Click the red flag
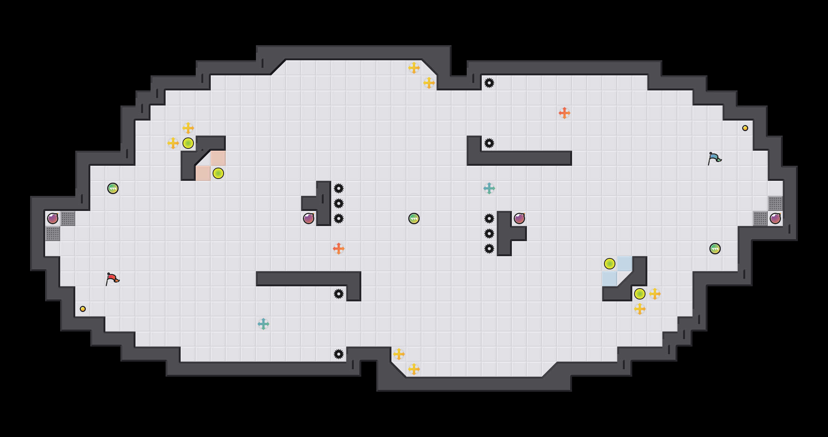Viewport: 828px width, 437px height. pyautogui.click(x=112, y=279)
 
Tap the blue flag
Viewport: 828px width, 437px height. pyautogui.click(x=714, y=158)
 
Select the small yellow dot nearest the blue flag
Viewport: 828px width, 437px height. pyautogui.click(x=745, y=128)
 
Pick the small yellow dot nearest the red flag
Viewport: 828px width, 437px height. pyautogui.click(x=83, y=309)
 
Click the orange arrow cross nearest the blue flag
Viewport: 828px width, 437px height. pyautogui.click(x=565, y=113)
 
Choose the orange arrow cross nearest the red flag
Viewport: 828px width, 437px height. pyautogui.click(x=339, y=249)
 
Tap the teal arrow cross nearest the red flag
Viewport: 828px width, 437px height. pyautogui.click(x=263, y=324)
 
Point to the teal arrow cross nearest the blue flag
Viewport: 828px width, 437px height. pyautogui.click(x=489, y=188)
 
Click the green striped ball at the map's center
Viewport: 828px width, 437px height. pyautogui.click(x=414, y=218)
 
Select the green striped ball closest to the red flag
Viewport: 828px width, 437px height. pyautogui.click(x=113, y=188)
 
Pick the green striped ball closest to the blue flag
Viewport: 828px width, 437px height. pyautogui.click(x=715, y=249)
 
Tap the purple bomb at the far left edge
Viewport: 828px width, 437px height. pyautogui.click(x=53, y=218)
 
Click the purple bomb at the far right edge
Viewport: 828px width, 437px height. pyautogui.click(x=775, y=218)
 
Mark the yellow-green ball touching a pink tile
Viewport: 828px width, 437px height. pyautogui.click(x=218, y=173)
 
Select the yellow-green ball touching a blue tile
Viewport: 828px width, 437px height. pyautogui.click(x=610, y=264)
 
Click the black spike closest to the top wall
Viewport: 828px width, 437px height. pyautogui.click(x=489, y=83)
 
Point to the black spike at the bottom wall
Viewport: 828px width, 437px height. pyautogui.click(x=339, y=354)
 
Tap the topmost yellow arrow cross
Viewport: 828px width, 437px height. pyautogui.click(x=414, y=68)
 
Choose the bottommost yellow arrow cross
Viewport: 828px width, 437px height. pyautogui.click(x=414, y=369)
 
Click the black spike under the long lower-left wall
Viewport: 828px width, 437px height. pyautogui.click(x=339, y=294)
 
